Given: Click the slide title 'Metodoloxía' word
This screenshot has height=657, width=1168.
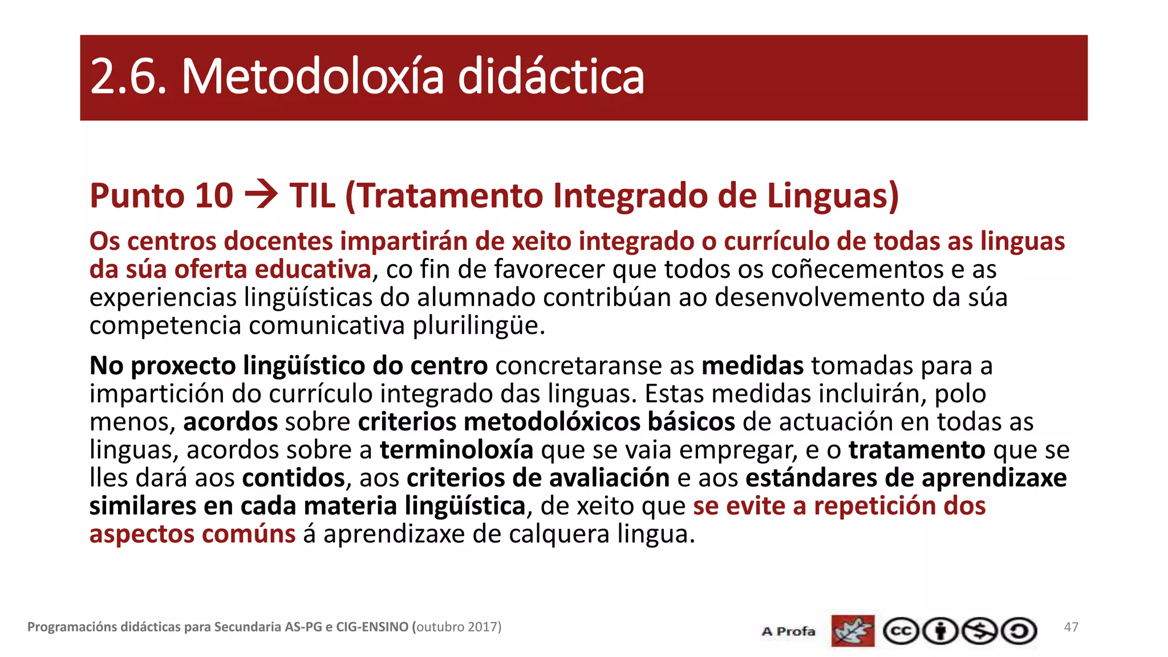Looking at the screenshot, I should tap(312, 77).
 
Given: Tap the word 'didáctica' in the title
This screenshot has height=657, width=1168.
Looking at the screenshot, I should tap(551, 77).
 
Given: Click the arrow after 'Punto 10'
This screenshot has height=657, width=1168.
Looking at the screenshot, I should tap(261, 195).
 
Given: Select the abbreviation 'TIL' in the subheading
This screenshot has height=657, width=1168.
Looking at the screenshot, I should tap(312, 196).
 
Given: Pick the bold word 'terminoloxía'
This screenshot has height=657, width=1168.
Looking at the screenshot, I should tap(456, 449).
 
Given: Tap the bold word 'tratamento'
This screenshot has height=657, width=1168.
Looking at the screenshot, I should tap(916, 449).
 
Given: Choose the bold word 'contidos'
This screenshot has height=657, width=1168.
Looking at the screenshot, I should tap(294, 477).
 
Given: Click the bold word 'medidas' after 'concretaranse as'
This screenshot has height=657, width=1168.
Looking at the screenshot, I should tap(752, 366).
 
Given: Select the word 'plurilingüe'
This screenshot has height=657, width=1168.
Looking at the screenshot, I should tap(478, 326).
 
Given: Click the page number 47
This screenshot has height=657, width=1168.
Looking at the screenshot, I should tap(1071, 627).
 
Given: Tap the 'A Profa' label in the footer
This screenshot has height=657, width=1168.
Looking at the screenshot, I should tap(788, 631).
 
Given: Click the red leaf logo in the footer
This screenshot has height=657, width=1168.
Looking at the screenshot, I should tap(853, 631).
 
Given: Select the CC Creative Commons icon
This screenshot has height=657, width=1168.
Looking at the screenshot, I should tap(901, 631).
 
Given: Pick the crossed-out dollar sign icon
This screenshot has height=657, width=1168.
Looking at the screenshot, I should tap(980, 631).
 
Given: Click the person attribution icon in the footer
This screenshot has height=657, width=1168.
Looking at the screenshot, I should tap(940, 631).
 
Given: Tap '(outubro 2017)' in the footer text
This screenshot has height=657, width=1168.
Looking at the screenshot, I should tap(457, 627).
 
